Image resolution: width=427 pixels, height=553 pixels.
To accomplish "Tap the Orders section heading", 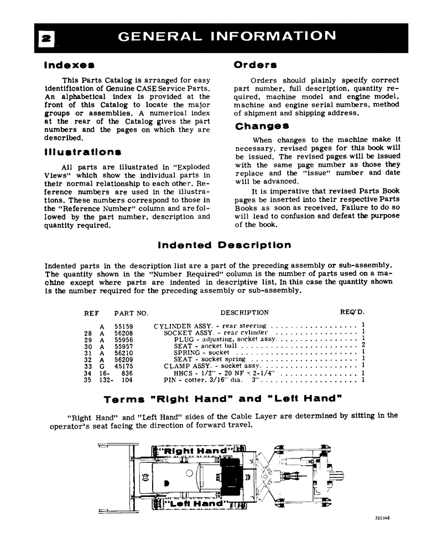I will pos(256,65).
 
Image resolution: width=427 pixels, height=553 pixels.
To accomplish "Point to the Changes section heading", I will pos(263,126).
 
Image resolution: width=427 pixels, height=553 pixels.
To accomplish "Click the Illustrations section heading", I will pos(83,152).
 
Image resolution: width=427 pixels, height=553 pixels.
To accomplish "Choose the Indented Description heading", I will pos(224,245).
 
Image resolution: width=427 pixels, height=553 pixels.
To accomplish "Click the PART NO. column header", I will pos(131,313).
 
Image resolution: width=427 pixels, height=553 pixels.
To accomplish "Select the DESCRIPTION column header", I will pos(244,313).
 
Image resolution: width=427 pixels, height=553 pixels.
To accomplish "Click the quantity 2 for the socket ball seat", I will pos(363,346).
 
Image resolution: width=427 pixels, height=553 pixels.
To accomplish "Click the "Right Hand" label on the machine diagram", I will pos(192,451).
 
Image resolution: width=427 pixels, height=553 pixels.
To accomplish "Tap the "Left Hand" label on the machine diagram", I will pos(191,504).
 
